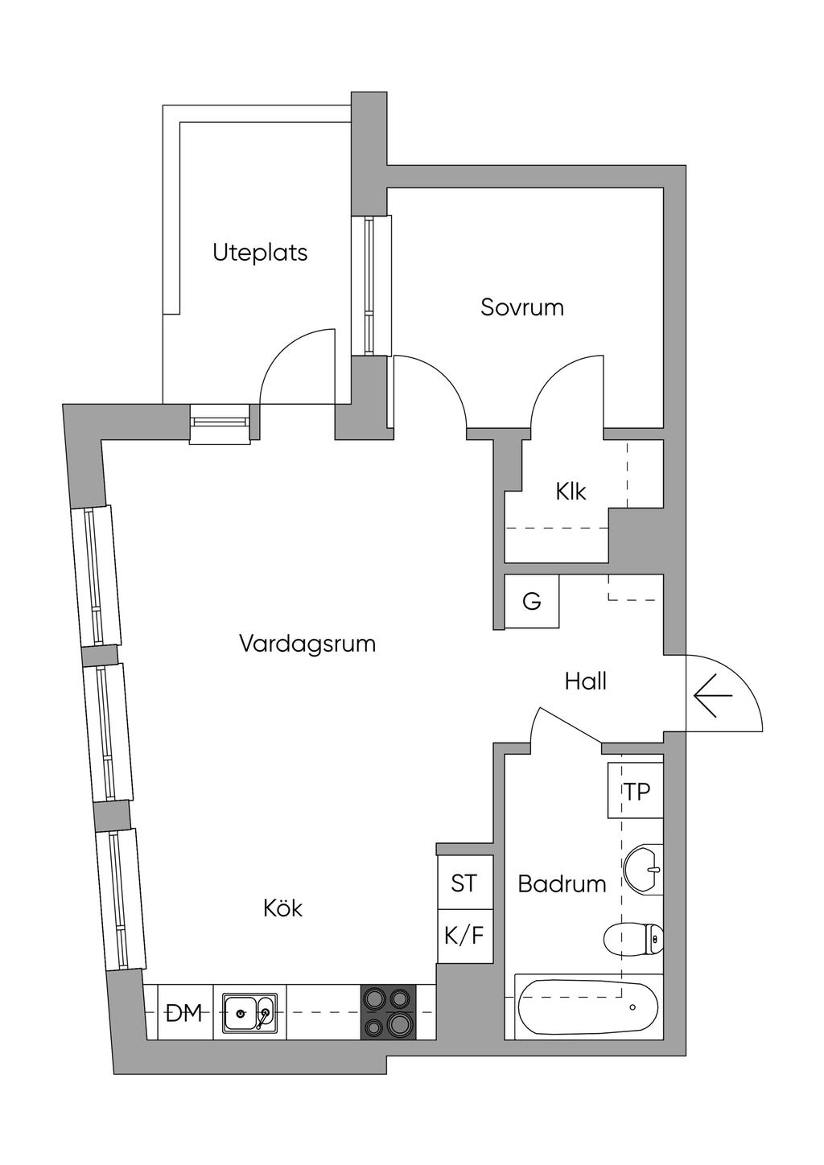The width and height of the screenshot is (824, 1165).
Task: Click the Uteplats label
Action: click(260, 253)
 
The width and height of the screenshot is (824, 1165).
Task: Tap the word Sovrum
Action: click(521, 307)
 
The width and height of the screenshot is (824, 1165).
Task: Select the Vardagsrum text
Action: click(307, 644)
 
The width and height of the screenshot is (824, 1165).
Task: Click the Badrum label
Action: click(562, 883)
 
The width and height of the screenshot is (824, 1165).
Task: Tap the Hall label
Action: click(586, 681)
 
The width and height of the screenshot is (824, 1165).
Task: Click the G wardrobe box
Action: click(532, 601)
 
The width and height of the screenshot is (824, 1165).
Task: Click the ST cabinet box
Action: click(464, 883)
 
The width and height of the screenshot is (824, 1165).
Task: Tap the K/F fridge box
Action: click(464, 937)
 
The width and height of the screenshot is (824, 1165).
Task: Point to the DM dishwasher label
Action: click(183, 1013)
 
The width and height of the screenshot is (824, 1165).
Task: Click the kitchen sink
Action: click(250, 1013)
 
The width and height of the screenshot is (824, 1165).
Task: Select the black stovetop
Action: click(389, 1012)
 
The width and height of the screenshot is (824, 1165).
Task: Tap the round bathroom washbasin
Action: click(643, 869)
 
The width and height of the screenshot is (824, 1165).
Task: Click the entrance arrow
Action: click(713, 695)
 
